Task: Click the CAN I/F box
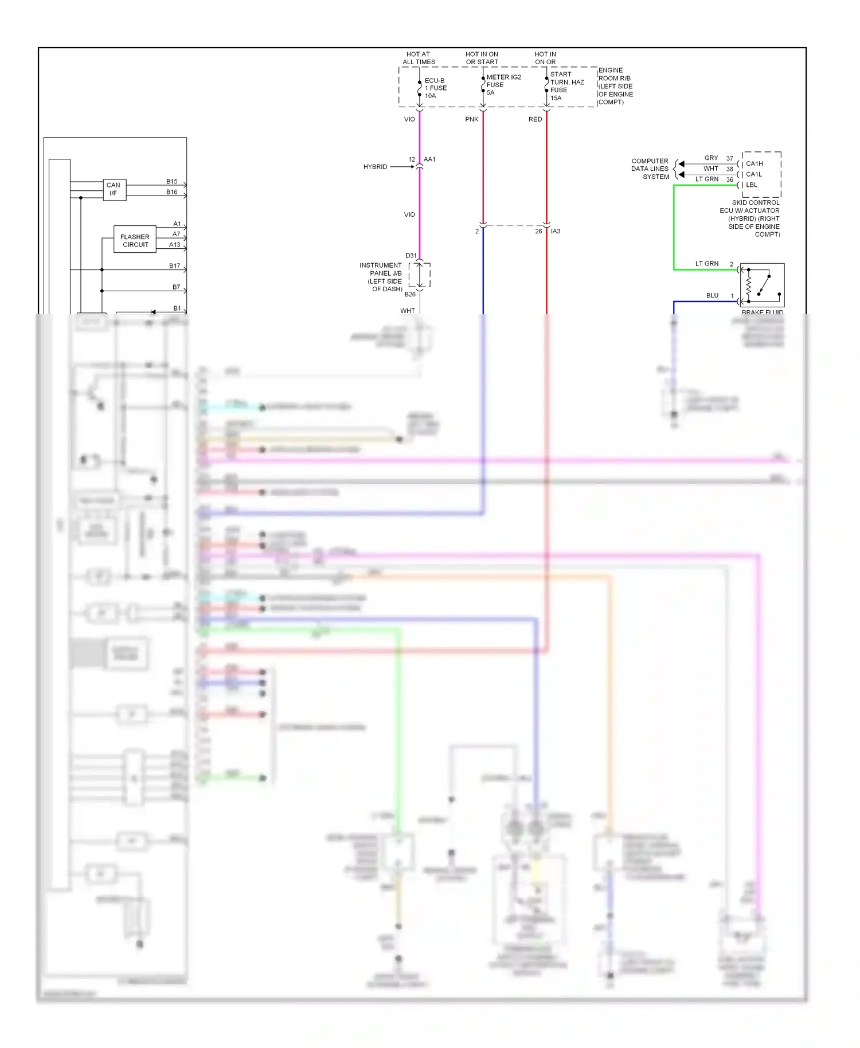[114, 189]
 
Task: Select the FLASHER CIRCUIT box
[135, 241]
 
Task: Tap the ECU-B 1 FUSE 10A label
[435, 88]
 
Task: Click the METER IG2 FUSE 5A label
[503, 85]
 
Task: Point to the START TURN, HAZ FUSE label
[566, 86]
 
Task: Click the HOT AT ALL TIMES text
[419, 58]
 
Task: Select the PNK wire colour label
[471, 119]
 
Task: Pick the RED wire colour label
[535, 119]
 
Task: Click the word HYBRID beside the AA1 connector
[375, 167]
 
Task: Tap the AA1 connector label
[429, 159]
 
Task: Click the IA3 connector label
[556, 232]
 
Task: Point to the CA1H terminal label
[754, 164]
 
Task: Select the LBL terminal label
[752, 185]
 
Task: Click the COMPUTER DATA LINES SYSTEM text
[650, 169]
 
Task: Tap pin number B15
[171, 182]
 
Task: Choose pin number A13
[174, 245]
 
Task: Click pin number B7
[176, 287]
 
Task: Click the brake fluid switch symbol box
[762, 285]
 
